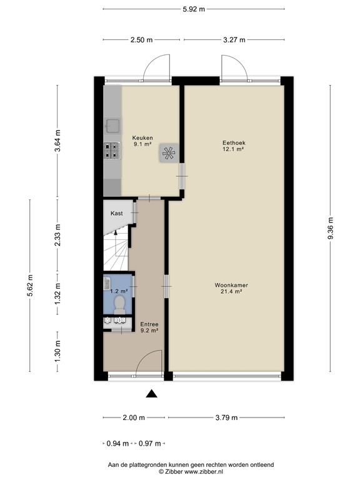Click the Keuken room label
click(143, 137)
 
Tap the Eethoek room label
click(232, 142)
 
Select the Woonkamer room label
click(231, 285)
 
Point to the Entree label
click(149, 324)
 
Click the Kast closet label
click(117, 213)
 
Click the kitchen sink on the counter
click(112, 126)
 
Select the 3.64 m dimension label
click(59, 141)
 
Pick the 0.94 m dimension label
click(117, 444)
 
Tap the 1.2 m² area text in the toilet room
click(119, 291)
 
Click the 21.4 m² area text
click(231, 292)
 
